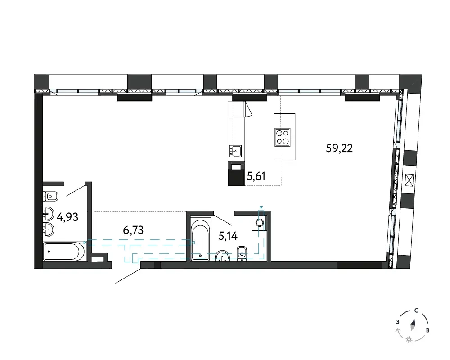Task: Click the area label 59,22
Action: [x=339, y=148]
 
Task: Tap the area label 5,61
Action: [x=256, y=176]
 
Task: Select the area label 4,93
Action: [x=67, y=217]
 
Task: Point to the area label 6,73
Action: [x=133, y=230]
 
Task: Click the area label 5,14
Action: [x=228, y=236]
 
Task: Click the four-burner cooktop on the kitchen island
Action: [x=283, y=137]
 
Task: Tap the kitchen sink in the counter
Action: [x=235, y=151]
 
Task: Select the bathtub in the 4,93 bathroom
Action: [x=64, y=252]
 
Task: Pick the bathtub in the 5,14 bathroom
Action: [x=201, y=239]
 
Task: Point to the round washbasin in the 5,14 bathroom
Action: [x=222, y=256]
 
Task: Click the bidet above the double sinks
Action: [x=50, y=196]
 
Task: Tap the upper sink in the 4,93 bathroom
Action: [x=48, y=214]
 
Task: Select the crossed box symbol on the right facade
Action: [x=409, y=181]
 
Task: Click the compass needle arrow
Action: [x=413, y=325]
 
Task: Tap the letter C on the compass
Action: [x=416, y=310]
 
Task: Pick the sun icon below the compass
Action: [x=409, y=340]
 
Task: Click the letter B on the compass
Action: [x=427, y=330]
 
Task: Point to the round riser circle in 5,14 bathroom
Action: [x=260, y=222]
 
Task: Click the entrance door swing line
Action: [x=128, y=276]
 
